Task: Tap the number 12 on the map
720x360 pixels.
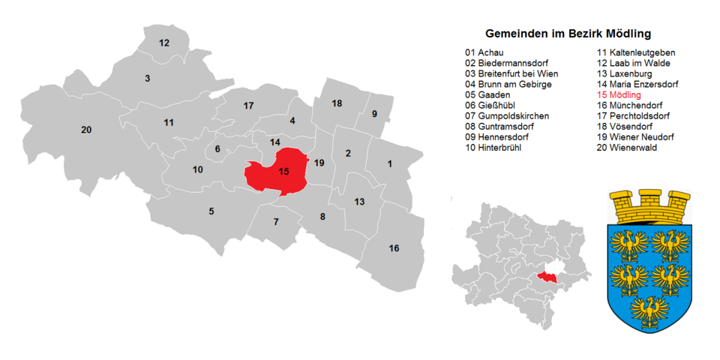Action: pos(164,43)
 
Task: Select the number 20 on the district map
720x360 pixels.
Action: pos(86,130)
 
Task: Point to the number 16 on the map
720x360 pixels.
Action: pos(394,248)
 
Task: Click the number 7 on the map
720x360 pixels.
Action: pos(276,221)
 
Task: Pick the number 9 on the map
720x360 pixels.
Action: pos(374,113)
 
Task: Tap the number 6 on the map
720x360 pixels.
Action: pos(217,148)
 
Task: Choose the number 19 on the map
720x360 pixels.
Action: pos(319,163)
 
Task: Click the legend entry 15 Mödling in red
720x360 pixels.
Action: pos(619,95)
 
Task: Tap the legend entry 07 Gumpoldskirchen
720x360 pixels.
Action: pos(506,116)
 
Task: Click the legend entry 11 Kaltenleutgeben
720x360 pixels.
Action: pos(635,53)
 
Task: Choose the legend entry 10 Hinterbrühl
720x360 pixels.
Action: pos(493,148)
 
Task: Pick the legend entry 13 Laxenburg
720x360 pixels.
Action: pos(626,74)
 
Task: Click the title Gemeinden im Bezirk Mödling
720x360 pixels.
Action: pos(568,34)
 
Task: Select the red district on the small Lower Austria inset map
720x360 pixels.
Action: pos(548,277)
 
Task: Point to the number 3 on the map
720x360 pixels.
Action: pos(148,78)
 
